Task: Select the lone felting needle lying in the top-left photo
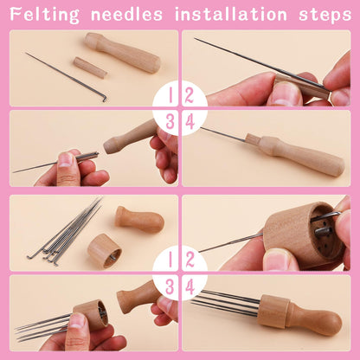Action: [x=65, y=77]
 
